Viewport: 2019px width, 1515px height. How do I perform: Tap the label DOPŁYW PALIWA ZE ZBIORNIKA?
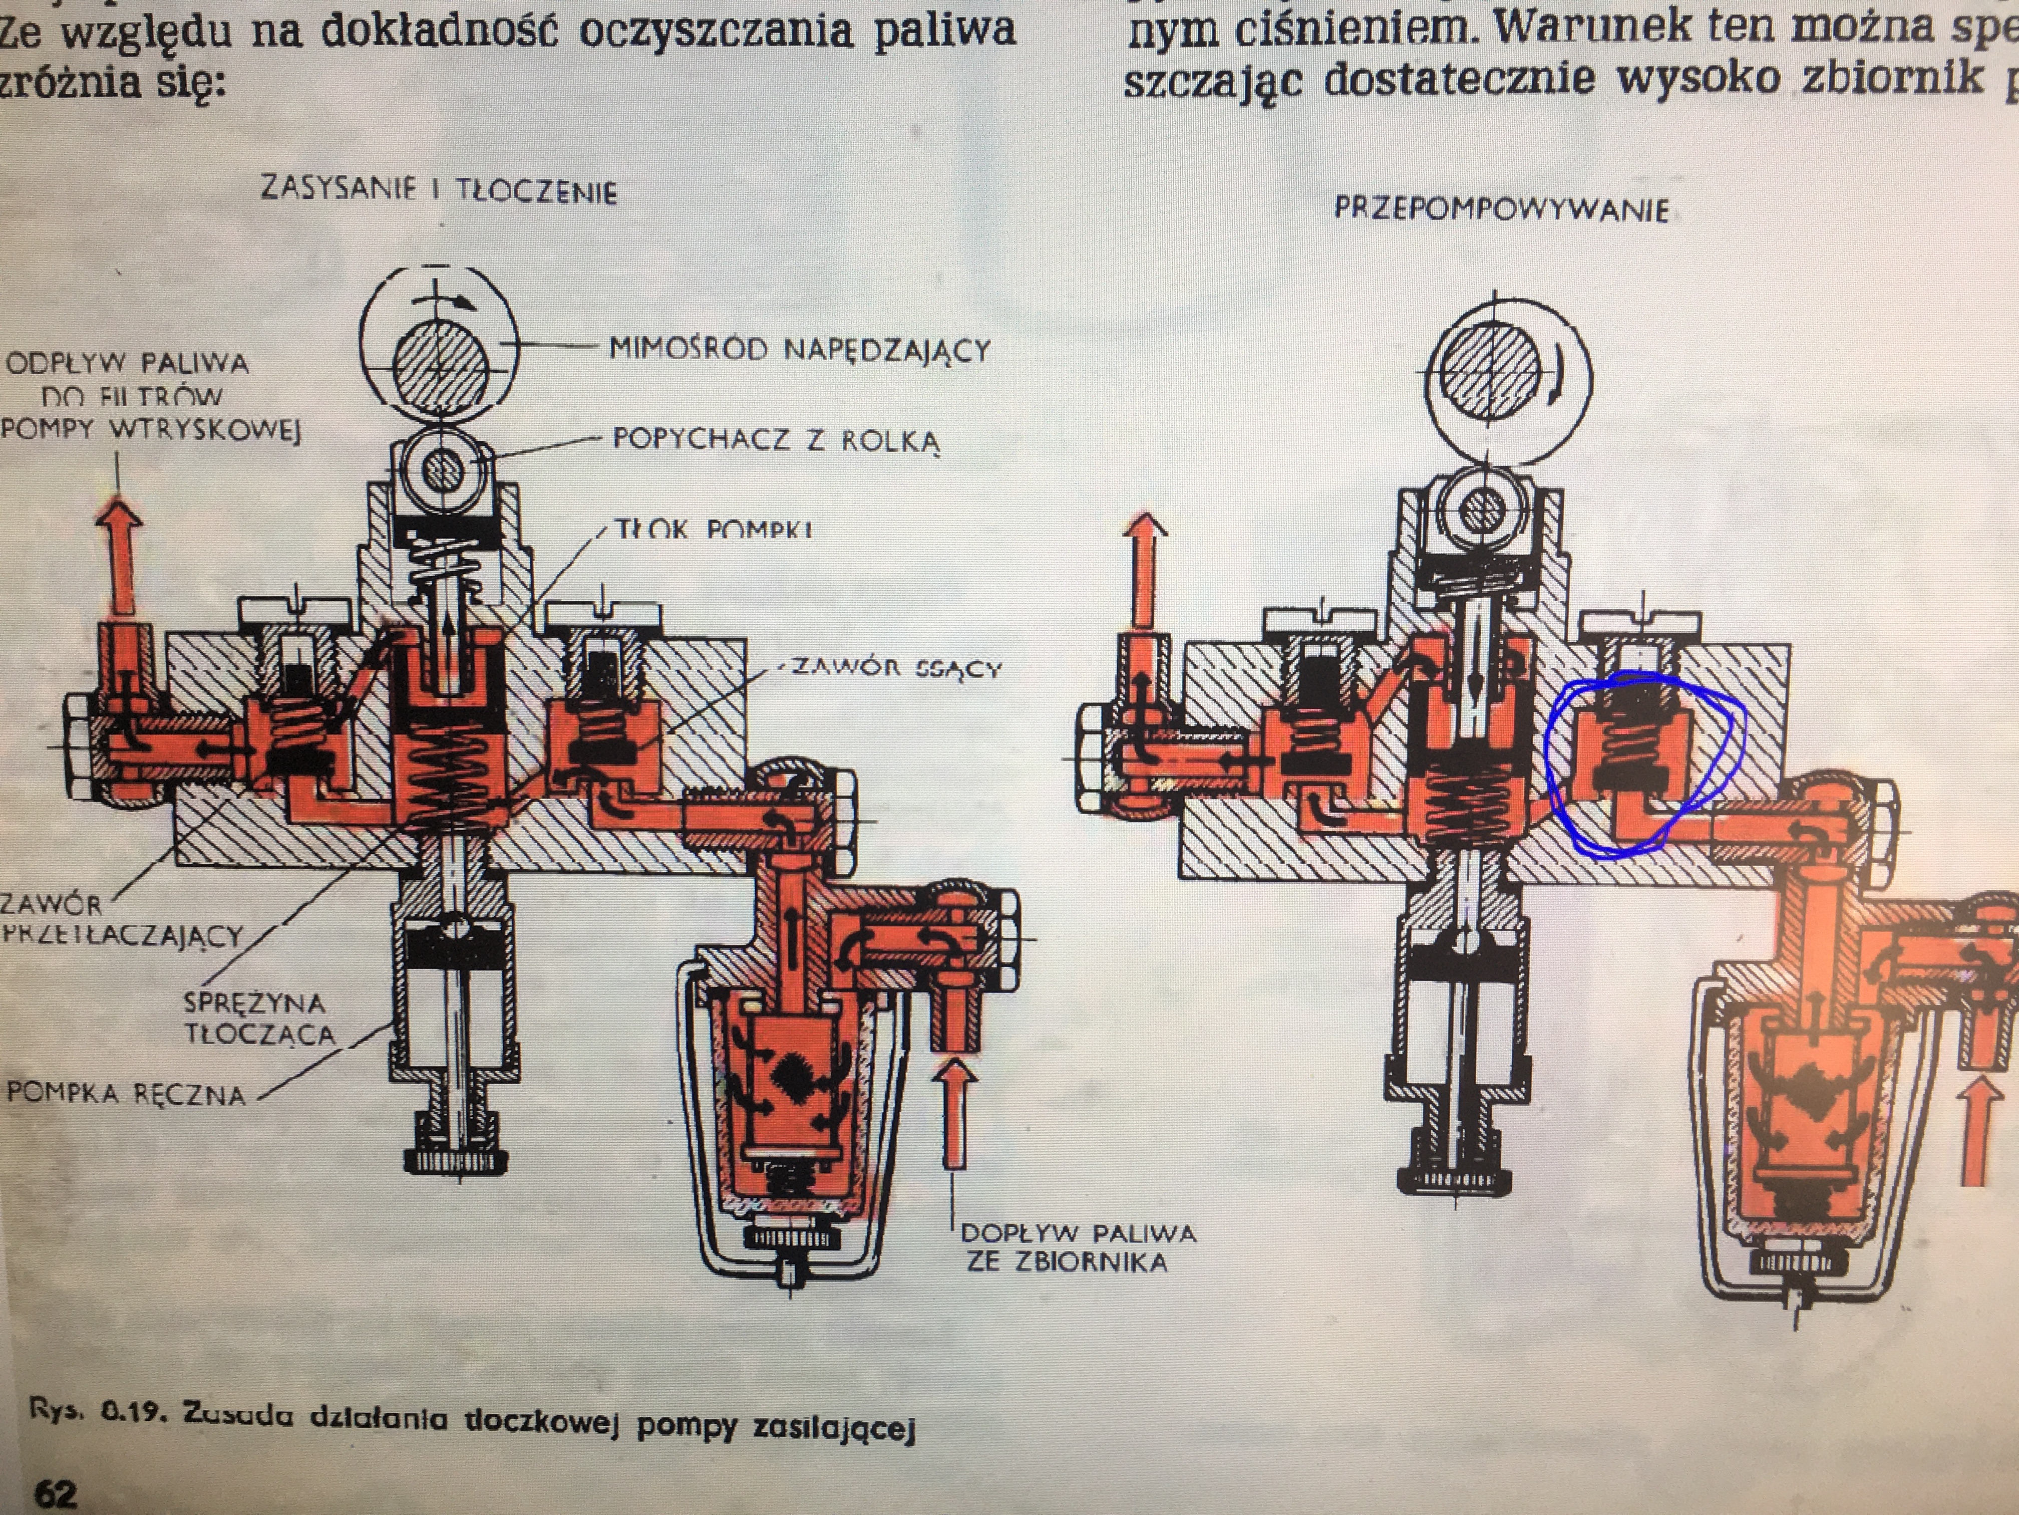click(x=1077, y=1247)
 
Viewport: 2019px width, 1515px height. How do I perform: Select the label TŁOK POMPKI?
click(x=713, y=530)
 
